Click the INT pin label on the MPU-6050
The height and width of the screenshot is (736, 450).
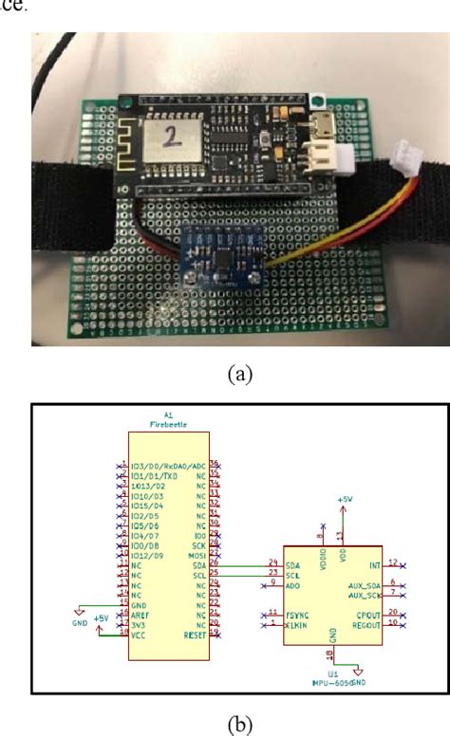coord(374,564)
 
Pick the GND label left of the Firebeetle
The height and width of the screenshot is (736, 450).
coord(79,624)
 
